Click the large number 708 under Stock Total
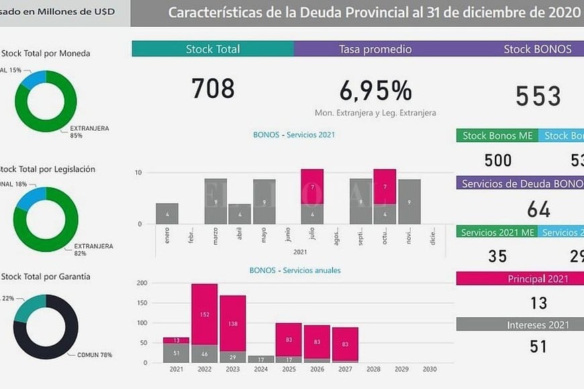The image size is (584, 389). click(213, 89)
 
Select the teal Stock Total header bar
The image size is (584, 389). click(212, 49)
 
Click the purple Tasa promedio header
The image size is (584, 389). click(375, 49)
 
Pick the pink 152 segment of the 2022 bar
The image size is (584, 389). click(204, 314)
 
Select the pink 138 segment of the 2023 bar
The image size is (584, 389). click(232, 323)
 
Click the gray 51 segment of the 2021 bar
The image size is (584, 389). click(176, 353)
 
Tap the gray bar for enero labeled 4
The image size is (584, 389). click(166, 214)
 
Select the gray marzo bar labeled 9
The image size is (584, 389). click(215, 201)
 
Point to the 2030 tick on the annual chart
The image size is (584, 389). click(430, 370)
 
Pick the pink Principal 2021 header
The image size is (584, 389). click(520, 279)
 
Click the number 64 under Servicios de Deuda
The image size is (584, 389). click(538, 209)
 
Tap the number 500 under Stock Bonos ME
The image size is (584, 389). click(498, 160)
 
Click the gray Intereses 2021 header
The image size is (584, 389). click(520, 325)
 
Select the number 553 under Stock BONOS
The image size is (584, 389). click(538, 97)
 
